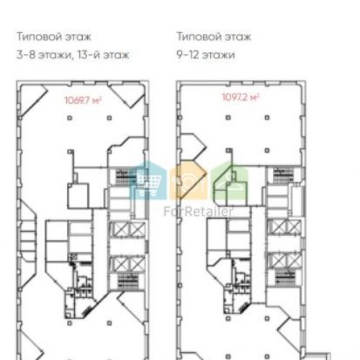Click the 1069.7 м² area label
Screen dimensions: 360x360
[83, 100]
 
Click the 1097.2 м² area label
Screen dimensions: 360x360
[240, 97]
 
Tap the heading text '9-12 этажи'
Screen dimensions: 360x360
[206, 55]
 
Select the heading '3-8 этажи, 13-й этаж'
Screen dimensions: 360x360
[73, 55]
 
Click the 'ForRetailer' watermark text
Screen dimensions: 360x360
[198, 212]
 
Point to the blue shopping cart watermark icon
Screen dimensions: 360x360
[148, 181]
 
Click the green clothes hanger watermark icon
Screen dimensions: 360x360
[230, 181]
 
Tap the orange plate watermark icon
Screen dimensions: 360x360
[189, 181]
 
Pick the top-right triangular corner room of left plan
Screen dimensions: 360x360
[128, 95]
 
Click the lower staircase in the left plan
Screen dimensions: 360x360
[127, 281]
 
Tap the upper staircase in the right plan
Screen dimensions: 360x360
[284, 175]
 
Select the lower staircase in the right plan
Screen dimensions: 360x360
[284, 276]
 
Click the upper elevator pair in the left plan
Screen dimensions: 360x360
[127, 230]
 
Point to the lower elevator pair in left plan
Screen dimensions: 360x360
[127, 264]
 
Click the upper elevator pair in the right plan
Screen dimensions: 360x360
[285, 227]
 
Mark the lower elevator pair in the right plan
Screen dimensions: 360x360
[285, 260]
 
